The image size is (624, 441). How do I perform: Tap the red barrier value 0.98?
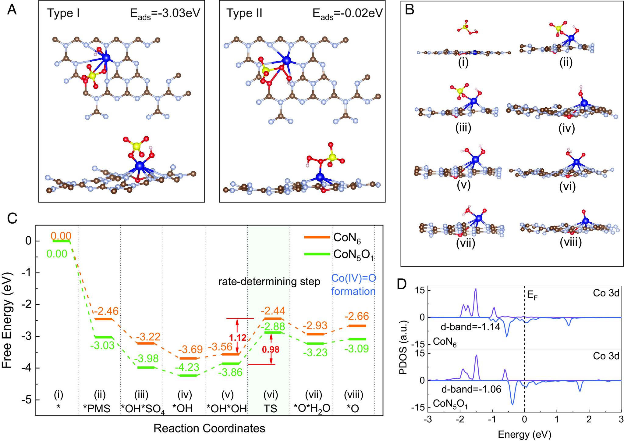pyautogui.click(x=271, y=350)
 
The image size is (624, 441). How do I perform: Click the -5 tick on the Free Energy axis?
pyautogui.click(x=27, y=400)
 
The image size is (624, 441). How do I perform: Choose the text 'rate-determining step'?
pyautogui.click(x=269, y=282)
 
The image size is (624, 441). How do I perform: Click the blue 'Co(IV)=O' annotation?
pyautogui.click(x=353, y=278)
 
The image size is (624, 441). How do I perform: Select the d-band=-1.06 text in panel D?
pyautogui.click(x=471, y=389)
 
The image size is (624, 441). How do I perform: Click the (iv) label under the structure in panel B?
pyautogui.click(x=567, y=128)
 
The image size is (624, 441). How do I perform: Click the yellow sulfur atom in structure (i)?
pyautogui.click(x=464, y=27)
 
